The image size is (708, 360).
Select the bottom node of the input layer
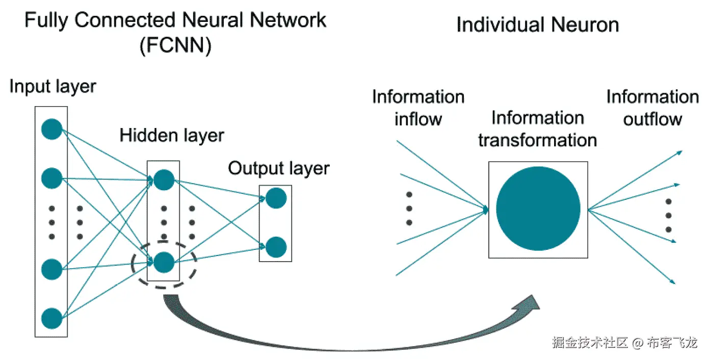point(51,318)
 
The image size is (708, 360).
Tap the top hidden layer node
point(164,178)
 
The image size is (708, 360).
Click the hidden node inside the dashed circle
point(164,262)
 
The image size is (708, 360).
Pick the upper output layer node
point(276,198)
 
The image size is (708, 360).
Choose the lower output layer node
point(276,247)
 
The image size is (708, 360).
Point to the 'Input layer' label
point(53,86)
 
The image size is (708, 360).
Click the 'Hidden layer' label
point(172,135)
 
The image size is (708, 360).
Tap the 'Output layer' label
point(278,168)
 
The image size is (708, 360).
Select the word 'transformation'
point(537,140)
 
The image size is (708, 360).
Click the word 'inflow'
point(418,119)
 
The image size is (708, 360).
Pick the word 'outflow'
point(652,119)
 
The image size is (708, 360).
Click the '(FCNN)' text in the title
point(175,47)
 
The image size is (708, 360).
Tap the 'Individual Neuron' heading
point(537,24)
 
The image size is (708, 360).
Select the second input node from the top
point(51,178)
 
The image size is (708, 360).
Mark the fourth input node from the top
point(51,269)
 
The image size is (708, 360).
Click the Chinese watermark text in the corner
point(624,343)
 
